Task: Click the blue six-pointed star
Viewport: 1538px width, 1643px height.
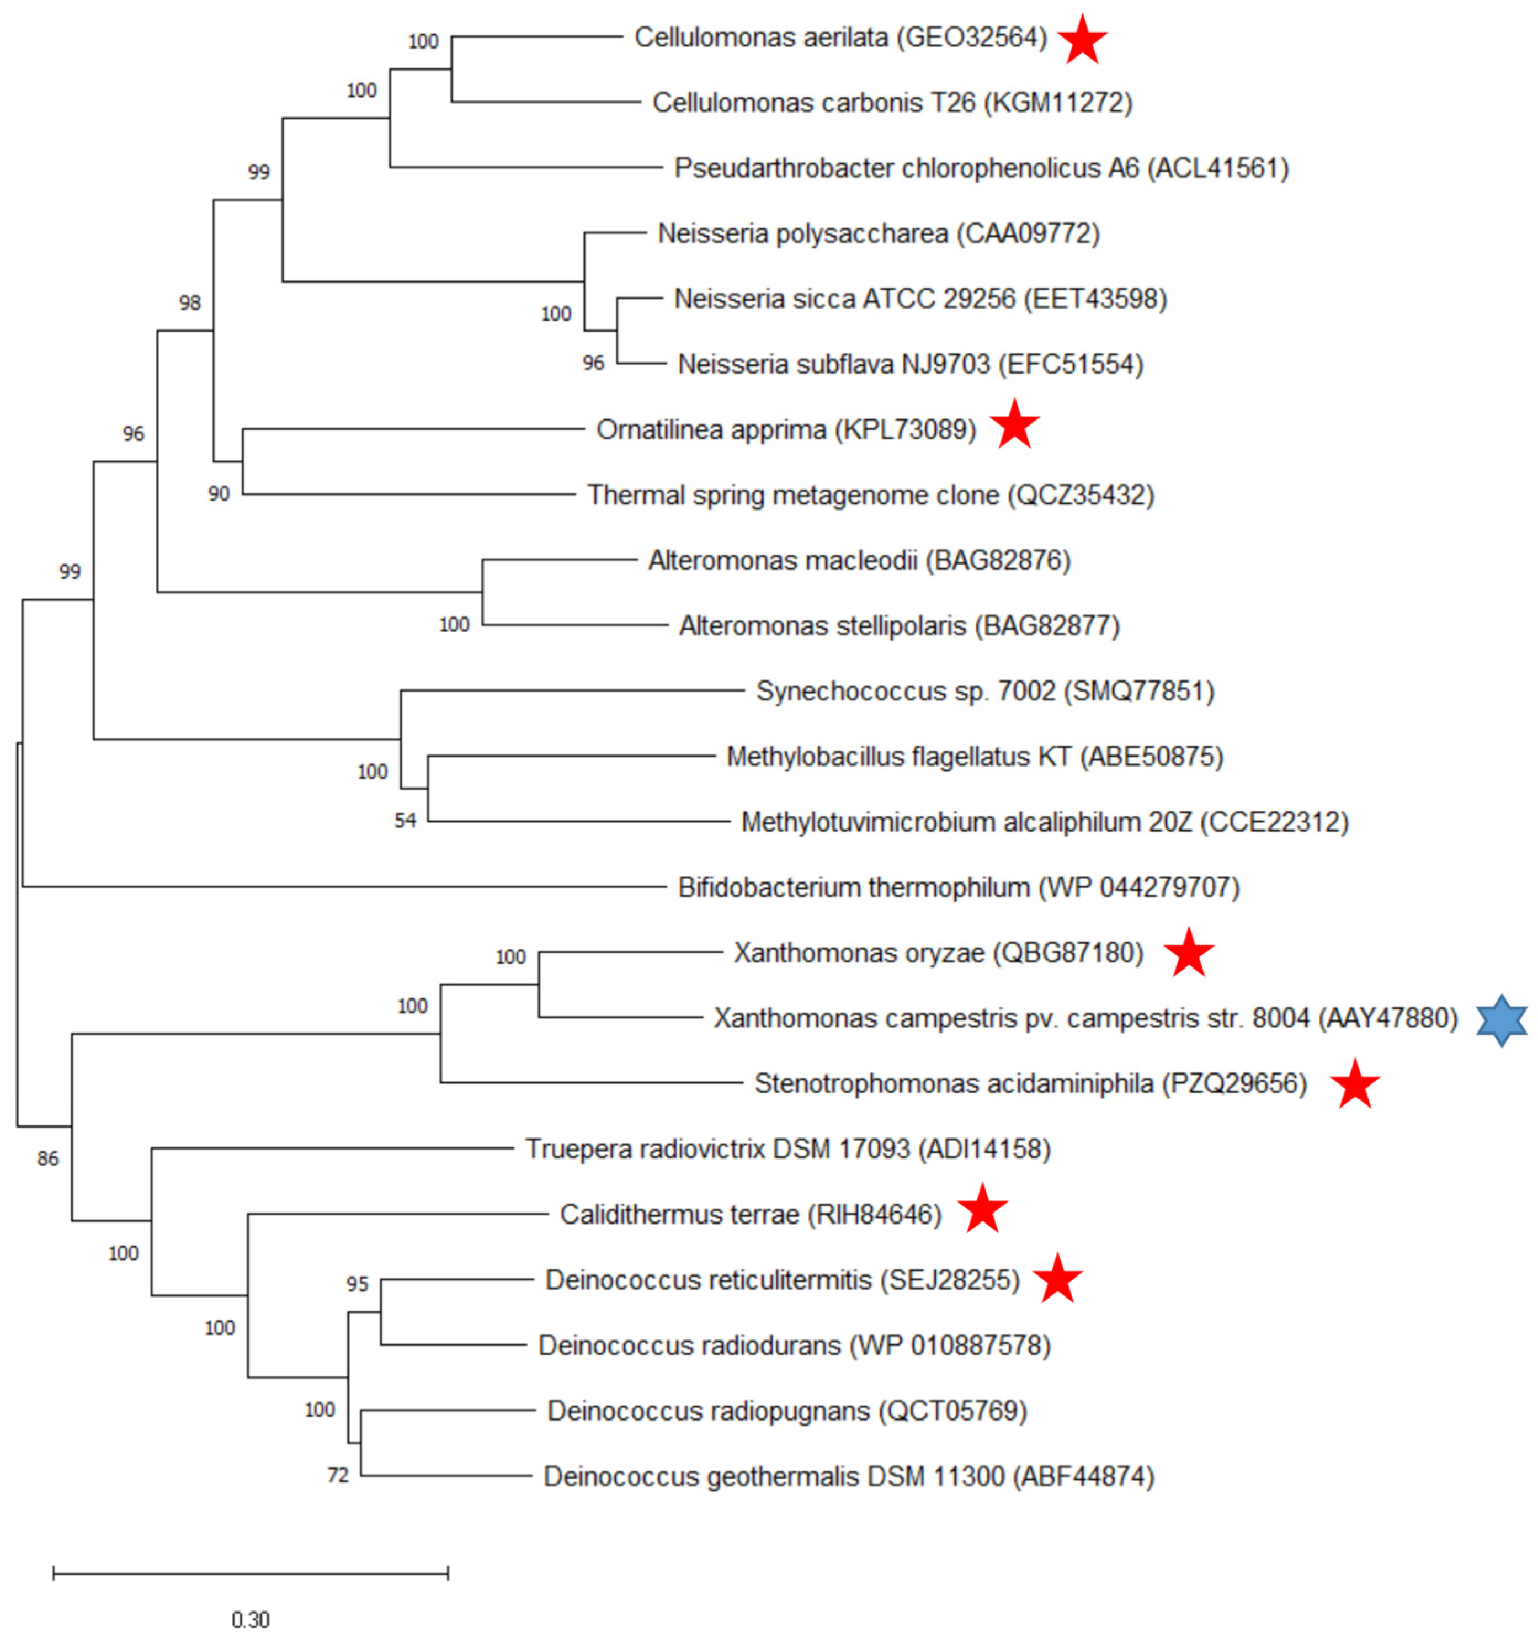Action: [1501, 1020]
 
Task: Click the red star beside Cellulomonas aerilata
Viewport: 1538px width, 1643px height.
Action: [1082, 40]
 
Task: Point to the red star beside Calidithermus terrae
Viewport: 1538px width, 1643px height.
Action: [982, 1208]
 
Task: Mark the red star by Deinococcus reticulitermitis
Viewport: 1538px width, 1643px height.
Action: [1057, 1279]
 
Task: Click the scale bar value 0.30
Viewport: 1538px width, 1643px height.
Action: [251, 1619]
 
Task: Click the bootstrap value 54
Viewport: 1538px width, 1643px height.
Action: [405, 821]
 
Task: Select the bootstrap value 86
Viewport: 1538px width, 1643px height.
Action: [48, 1158]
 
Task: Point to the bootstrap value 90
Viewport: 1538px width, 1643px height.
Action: [218, 493]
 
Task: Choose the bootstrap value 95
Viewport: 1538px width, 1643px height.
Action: [357, 1284]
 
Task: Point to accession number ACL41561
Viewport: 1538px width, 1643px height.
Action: [1217, 168]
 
